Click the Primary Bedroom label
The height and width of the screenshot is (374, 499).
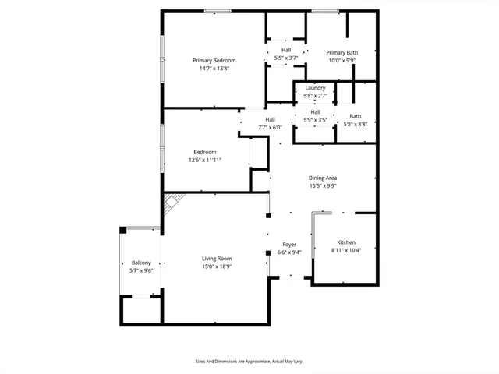click(214, 60)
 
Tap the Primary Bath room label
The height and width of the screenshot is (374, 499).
click(342, 52)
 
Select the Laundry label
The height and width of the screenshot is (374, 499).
click(315, 88)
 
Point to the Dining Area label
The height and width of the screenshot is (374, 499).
click(322, 178)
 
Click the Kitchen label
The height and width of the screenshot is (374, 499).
click(346, 242)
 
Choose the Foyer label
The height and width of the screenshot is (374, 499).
click(288, 245)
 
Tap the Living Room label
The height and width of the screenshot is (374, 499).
click(217, 259)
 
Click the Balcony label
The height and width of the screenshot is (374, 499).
click(141, 263)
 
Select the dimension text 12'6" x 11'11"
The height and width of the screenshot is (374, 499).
click(206, 160)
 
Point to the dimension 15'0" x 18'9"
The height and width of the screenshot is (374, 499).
click(217, 266)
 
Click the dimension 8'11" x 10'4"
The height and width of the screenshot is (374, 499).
click(346, 250)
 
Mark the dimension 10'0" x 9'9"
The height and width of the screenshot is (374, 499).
click(342, 60)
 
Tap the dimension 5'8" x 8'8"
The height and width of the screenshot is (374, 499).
click(355, 124)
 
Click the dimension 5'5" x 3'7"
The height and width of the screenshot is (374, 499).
click(286, 58)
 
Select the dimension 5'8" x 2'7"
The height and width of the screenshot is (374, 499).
click(315, 96)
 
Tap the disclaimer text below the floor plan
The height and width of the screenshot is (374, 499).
click(249, 362)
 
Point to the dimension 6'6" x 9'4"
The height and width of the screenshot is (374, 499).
click(288, 252)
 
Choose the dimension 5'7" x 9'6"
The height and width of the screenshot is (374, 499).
click(141, 270)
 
